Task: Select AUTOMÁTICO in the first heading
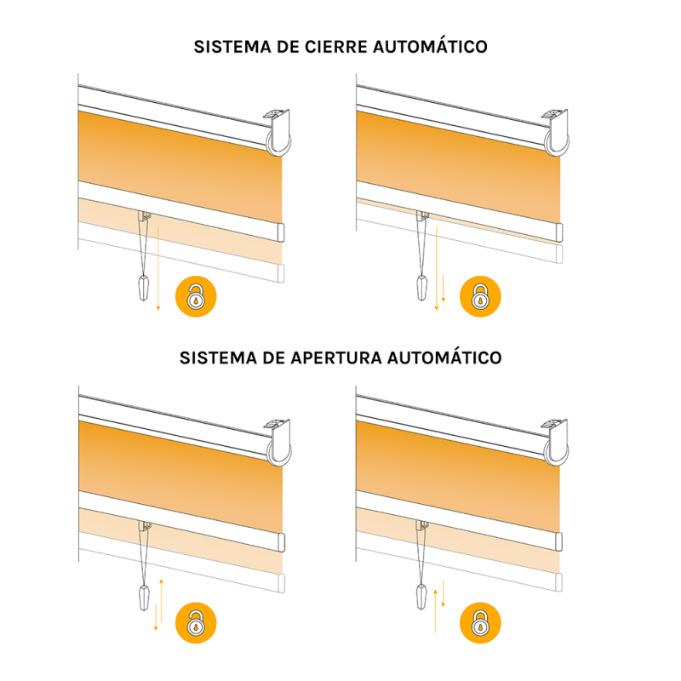coord(431,47)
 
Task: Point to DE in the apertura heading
coord(270,358)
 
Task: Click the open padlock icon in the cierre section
coord(197,297)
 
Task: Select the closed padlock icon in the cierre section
coord(482,297)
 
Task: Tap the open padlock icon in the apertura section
coord(197,622)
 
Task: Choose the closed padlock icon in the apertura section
coord(482,622)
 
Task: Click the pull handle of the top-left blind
coord(142,289)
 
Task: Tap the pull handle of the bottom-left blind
coord(142,596)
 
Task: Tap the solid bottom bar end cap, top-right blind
coord(559,231)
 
